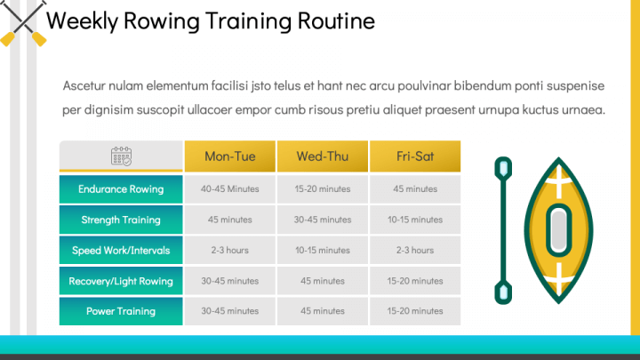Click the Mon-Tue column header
tap(230, 156)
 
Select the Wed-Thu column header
tap(323, 156)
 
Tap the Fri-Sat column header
tap(415, 156)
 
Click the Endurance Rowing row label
tap(121, 188)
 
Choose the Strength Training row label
tap(121, 220)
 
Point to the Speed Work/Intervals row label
tap(121, 250)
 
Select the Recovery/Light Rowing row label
tap(121, 281)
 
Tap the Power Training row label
tap(121, 311)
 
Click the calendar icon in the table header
tap(121, 156)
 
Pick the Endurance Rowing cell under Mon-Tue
tap(230, 188)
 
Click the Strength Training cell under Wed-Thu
tap(323, 220)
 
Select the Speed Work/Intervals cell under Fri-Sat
tap(415, 250)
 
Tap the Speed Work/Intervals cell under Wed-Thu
tap(323, 250)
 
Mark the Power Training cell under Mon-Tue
tap(230, 311)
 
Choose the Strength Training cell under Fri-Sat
tap(415, 220)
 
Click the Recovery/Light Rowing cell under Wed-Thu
tap(323, 281)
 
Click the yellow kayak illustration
tap(558, 229)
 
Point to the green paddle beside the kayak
tap(503, 229)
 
